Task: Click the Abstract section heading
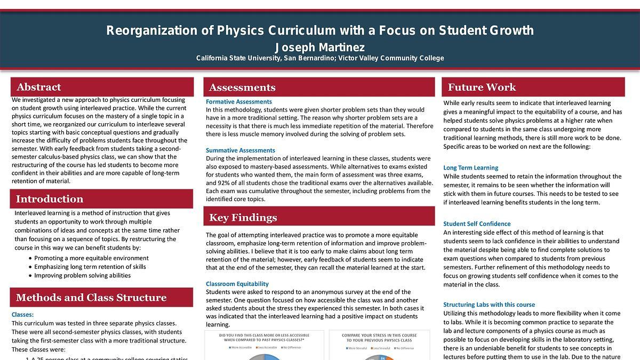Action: coord(38,87)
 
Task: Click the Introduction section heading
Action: coord(49,199)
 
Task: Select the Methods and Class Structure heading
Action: coord(91,298)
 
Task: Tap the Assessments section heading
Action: coord(242,87)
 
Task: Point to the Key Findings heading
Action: coord(243,218)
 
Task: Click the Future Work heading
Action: coord(482,87)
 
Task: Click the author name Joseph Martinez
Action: coord(319,47)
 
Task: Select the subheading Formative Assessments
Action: coord(238,101)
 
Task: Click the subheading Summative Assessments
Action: coord(240,150)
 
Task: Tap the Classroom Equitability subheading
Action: coord(237,284)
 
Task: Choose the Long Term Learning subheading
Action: coord(470,167)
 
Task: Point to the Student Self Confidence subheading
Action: coord(477,223)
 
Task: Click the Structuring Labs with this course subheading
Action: coord(489,305)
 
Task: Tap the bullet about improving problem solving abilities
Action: coord(82,275)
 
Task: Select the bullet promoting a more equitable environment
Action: coord(91,258)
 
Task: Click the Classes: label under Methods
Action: coord(22,315)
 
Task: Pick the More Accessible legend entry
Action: coord(240,348)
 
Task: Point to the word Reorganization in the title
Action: coord(151,30)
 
